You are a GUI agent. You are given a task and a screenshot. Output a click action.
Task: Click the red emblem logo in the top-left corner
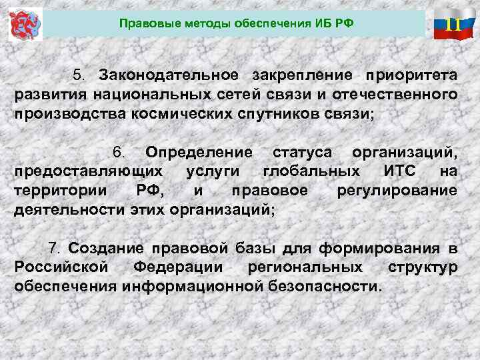tap(25, 25)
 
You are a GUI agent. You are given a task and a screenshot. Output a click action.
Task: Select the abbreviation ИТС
tap(400, 171)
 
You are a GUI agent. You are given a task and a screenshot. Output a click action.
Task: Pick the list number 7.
tap(55, 249)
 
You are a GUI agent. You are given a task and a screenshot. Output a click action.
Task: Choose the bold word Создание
tap(107, 249)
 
